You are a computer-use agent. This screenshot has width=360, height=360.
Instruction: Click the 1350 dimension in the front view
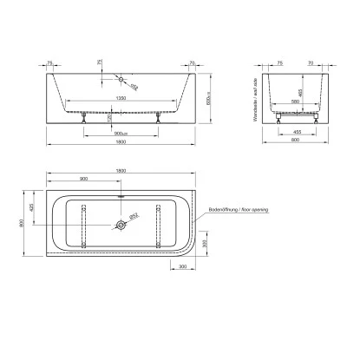point(121,100)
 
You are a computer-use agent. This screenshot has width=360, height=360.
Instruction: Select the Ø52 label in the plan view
point(135,215)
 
